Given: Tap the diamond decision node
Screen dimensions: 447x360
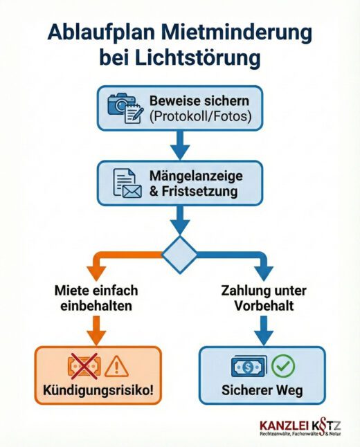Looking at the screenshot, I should (x=180, y=252).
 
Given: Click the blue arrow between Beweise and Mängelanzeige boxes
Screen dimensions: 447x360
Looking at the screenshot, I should (x=180, y=147).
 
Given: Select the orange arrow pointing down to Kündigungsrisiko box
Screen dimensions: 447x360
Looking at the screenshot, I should (x=97, y=330).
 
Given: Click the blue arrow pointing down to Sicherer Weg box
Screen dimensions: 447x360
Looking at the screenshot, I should (x=262, y=330).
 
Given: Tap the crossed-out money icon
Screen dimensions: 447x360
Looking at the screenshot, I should (x=81, y=365).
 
